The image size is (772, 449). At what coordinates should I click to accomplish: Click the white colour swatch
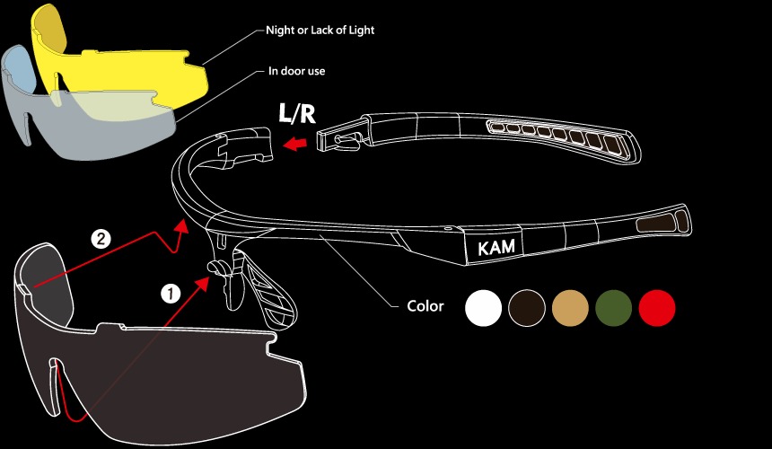click(483, 308)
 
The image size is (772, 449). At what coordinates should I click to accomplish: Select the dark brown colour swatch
click(526, 308)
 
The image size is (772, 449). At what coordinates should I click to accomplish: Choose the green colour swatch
click(613, 308)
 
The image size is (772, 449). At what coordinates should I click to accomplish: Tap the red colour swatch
click(656, 308)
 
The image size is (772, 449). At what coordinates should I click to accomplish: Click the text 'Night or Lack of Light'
click(320, 31)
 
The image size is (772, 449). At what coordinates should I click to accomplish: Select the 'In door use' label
click(296, 71)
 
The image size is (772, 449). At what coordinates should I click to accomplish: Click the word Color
click(425, 306)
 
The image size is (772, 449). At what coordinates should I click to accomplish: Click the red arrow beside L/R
click(295, 142)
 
